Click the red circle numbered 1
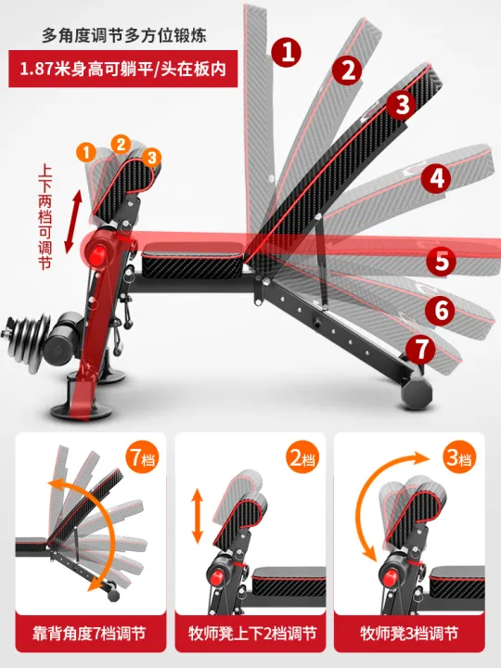[290, 53]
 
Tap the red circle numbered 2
[349, 69]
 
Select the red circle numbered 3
[402, 104]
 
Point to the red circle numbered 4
[439, 178]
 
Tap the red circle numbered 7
[422, 350]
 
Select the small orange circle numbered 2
[121, 142]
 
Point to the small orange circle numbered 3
[152, 157]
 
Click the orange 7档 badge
[140, 457]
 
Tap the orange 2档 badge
[299, 457]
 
